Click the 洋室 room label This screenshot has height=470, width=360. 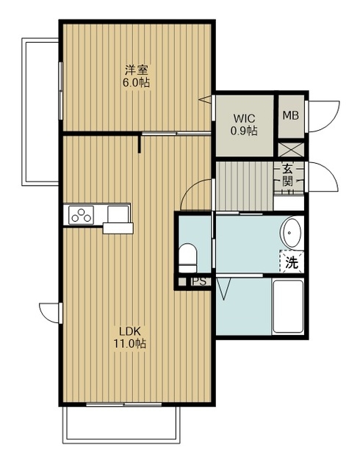[x=136, y=70]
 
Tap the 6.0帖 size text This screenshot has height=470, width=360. [x=136, y=82]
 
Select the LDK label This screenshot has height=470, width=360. [x=130, y=331]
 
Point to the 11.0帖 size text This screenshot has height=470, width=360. [x=129, y=344]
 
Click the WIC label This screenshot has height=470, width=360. [x=244, y=118]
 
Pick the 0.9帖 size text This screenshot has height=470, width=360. [x=244, y=131]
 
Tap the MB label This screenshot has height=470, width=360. [x=291, y=115]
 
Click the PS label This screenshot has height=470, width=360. [x=199, y=282]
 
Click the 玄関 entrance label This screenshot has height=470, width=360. [x=288, y=176]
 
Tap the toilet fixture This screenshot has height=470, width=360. [x=188, y=258]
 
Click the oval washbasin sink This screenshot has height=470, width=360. [x=291, y=232]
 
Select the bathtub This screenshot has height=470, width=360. [x=288, y=305]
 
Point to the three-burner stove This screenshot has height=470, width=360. [x=81, y=215]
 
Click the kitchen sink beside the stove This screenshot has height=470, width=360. [x=118, y=214]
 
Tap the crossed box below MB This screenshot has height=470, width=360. [x=291, y=150]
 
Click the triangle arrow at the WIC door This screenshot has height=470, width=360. [x=205, y=99]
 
